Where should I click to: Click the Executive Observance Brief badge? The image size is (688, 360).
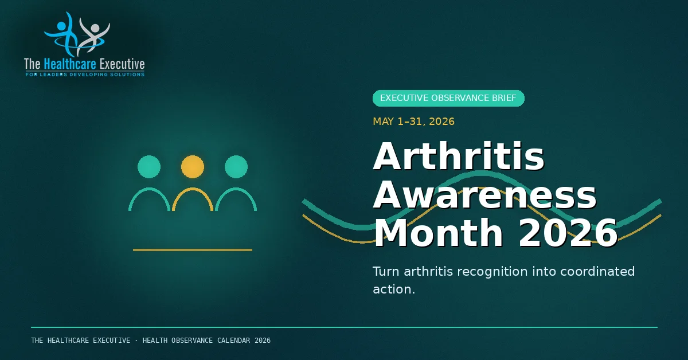[448, 98]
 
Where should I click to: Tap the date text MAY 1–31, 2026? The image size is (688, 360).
[413, 122]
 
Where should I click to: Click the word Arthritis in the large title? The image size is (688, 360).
[459, 156]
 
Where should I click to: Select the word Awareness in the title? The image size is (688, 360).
[484, 195]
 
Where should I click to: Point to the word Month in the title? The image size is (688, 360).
[438, 233]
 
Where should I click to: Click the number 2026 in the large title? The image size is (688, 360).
[568, 233]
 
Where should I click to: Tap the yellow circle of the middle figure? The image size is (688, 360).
[193, 167]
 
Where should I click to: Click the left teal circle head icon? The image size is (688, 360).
[149, 167]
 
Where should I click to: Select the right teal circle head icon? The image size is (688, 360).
[236, 167]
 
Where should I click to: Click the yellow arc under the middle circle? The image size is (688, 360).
[193, 188]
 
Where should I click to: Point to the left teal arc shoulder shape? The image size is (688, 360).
[149, 188]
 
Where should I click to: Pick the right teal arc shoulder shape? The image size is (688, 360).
[236, 188]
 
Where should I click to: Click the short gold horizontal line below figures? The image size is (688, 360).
[193, 250]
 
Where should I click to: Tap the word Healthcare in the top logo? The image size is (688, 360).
[70, 64]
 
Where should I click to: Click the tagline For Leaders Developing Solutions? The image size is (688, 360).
[85, 75]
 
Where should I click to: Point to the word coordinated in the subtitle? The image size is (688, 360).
[597, 272]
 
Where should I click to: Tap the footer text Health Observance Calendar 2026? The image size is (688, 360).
[206, 341]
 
